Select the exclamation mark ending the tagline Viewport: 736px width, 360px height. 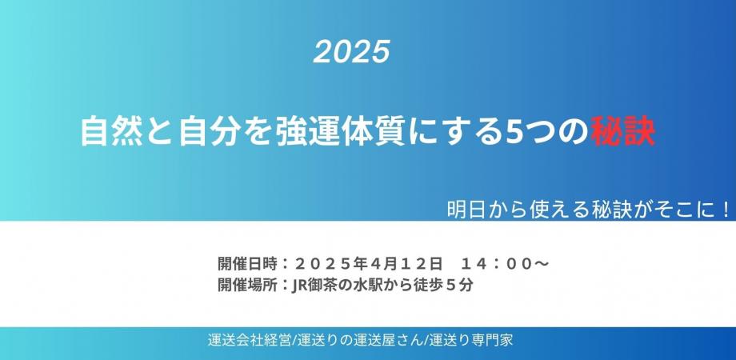[725, 210]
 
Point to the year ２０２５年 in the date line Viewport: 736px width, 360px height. [328, 262]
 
